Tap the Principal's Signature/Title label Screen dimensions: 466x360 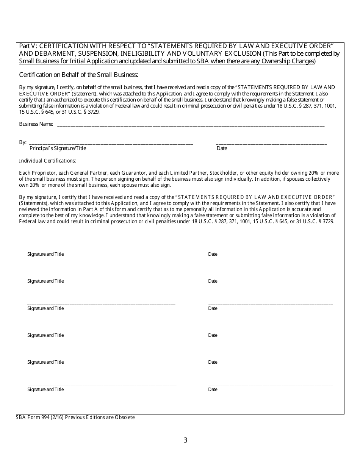(x=58, y=148)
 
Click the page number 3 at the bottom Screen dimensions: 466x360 (x=185, y=440)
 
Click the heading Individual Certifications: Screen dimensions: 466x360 (x=47, y=161)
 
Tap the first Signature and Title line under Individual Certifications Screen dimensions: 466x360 (x=101, y=250)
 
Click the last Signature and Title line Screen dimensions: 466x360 (x=102, y=385)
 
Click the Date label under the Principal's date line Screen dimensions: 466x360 (x=222, y=148)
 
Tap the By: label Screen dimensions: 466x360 (x=23, y=142)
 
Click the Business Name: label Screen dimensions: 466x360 (x=36, y=124)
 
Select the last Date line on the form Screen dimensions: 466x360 (x=271, y=385)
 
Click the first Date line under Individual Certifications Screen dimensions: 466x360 (x=271, y=250)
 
